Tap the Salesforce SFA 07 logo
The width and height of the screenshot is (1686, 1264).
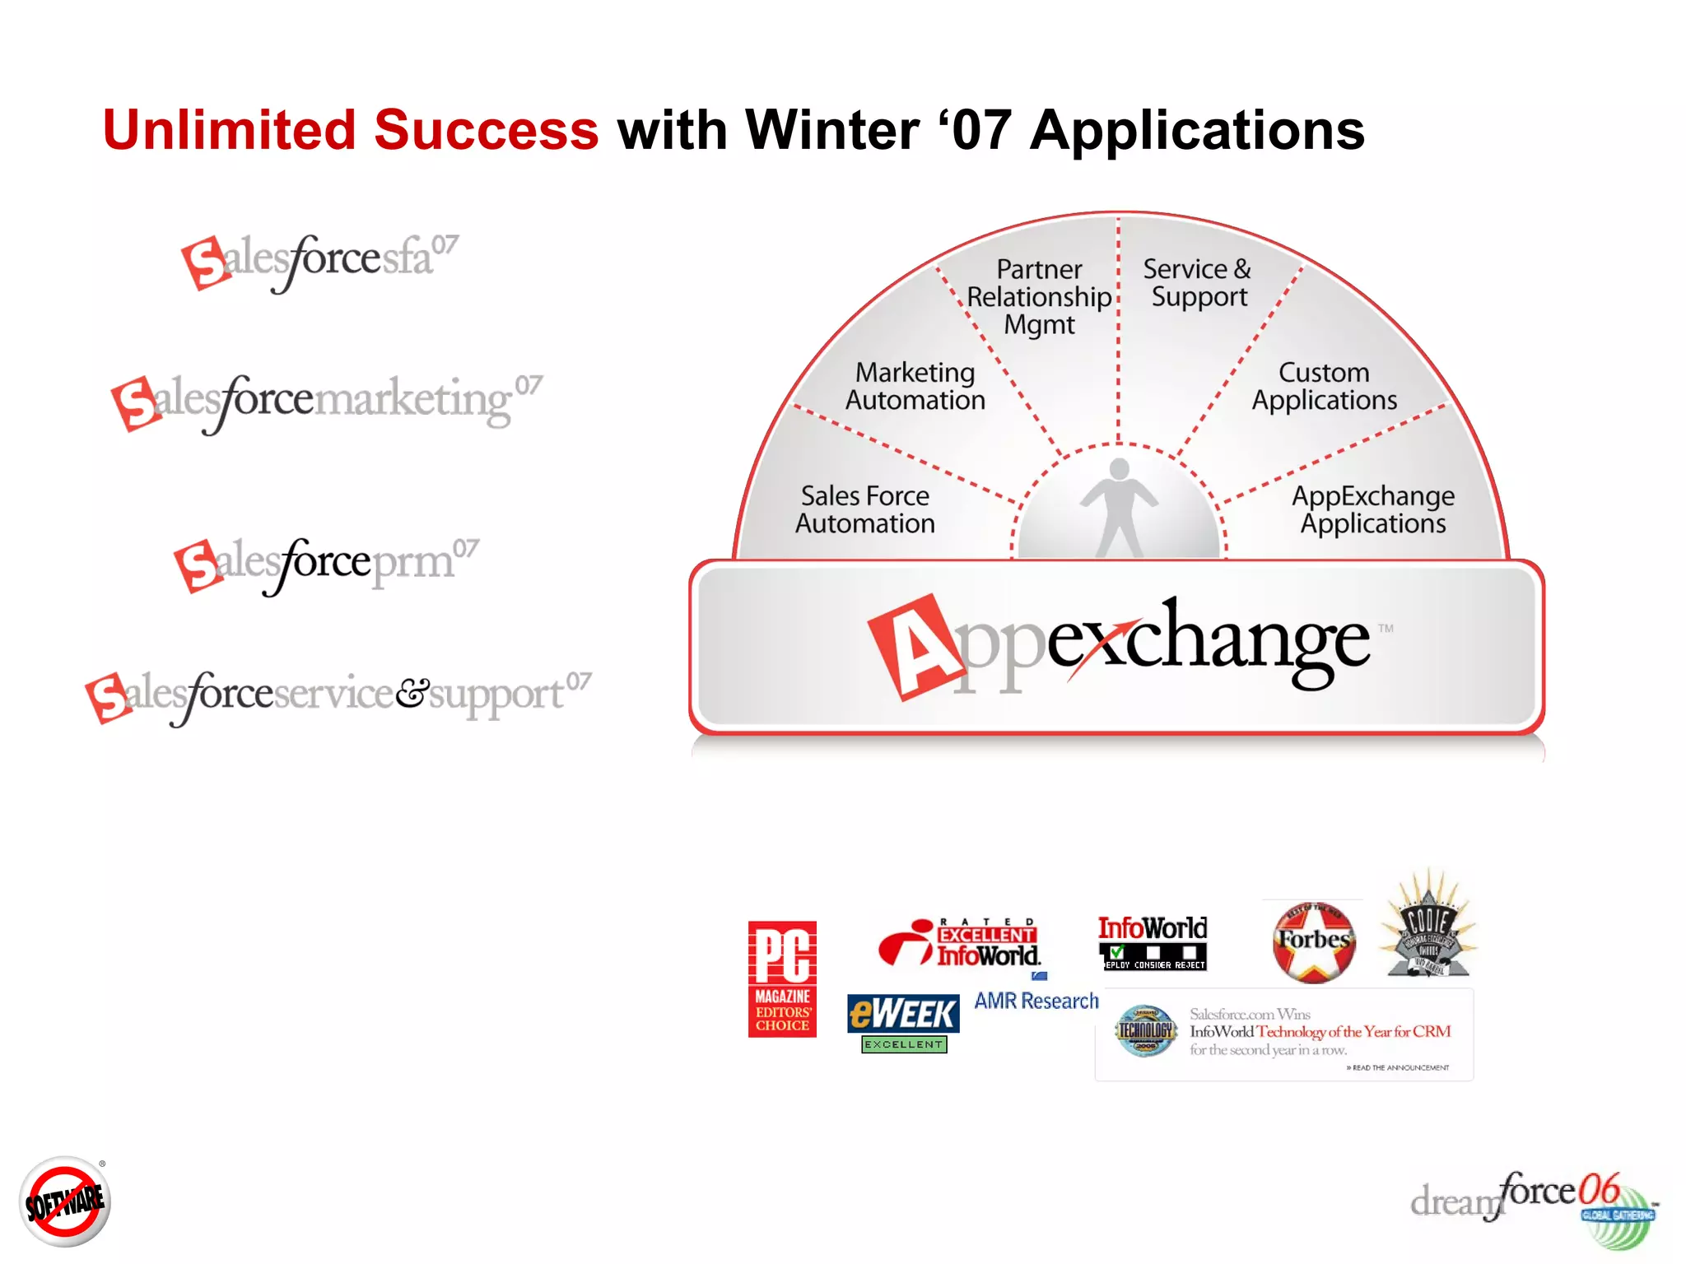click(x=319, y=261)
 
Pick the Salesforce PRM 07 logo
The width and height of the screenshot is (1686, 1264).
click(x=326, y=564)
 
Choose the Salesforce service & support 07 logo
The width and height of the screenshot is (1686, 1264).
click(x=338, y=695)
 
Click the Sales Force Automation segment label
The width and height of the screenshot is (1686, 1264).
click(x=864, y=509)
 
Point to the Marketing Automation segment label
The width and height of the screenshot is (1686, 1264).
click(x=915, y=386)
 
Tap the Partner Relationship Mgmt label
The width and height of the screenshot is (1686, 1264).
click(x=1039, y=297)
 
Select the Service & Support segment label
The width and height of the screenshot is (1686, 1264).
click(x=1198, y=282)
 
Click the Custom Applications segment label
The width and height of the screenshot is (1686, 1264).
click(x=1324, y=386)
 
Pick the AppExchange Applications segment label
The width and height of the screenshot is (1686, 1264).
click(x=1372, y=509)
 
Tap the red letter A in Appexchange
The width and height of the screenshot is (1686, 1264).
click(x=915, y=647)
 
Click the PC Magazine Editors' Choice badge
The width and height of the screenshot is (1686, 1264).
click(x=782, y=978)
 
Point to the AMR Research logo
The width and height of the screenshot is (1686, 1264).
click(x=1036, y=1000)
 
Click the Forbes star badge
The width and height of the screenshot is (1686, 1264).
click(x=1314, y=941)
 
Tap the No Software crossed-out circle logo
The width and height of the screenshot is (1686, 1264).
click(x=65, y=1201)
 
